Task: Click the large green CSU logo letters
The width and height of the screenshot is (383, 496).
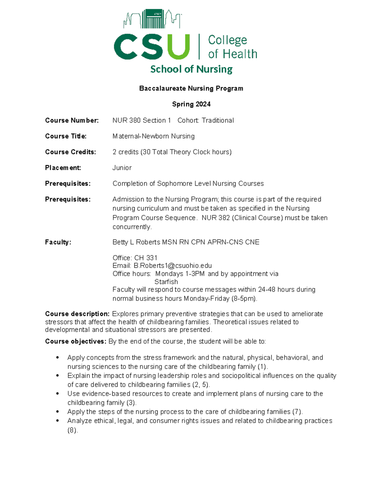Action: point(152,47)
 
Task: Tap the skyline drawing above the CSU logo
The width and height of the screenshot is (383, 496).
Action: point(152,19)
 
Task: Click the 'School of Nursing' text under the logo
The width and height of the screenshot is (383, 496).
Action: point(191,69)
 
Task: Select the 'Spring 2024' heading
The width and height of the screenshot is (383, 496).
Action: point(191,104)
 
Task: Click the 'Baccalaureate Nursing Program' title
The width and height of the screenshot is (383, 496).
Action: point(191,88)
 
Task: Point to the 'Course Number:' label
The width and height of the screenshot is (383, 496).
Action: point(72,120)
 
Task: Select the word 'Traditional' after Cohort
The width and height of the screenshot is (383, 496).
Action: point(218,120)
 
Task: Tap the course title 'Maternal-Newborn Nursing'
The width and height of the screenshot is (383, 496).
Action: point(154,136)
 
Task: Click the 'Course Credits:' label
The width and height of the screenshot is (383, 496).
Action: point(71,152)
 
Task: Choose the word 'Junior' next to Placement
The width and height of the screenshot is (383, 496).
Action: point(122,168)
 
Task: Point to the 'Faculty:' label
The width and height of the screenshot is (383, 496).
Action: point(58,242)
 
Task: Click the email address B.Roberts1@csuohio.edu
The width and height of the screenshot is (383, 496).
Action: point(173,266)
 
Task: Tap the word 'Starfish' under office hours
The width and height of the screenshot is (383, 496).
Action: point(166,282)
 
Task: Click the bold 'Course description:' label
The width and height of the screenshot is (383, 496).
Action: point(77,314)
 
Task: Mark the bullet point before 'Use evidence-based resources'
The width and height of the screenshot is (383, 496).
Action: point(57,394)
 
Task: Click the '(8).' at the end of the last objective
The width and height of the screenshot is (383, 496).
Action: point(72,430)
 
